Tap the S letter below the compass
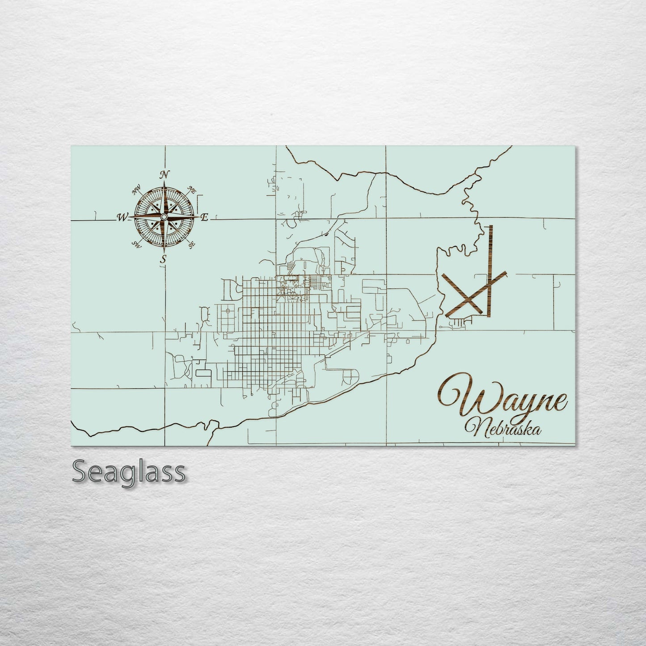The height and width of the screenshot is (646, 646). click(164, 259)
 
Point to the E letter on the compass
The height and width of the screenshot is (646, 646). click(204, 218)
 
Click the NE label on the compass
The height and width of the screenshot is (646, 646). click(192, 190)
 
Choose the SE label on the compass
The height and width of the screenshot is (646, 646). click(192, 245)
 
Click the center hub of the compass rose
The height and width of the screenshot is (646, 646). click(164, 217)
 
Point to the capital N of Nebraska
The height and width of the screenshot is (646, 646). click(473, 427)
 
